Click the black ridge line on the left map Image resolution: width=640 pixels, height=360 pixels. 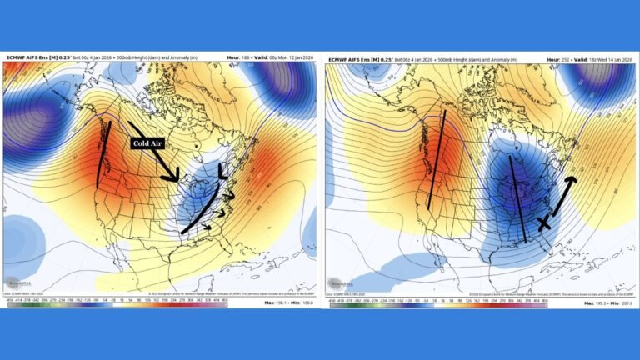(104, 154)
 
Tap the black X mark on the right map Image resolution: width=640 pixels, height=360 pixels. (545, 222)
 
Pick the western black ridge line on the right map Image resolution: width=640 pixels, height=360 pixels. (436, 158)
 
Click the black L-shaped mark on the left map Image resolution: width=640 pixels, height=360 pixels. (222, 171)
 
